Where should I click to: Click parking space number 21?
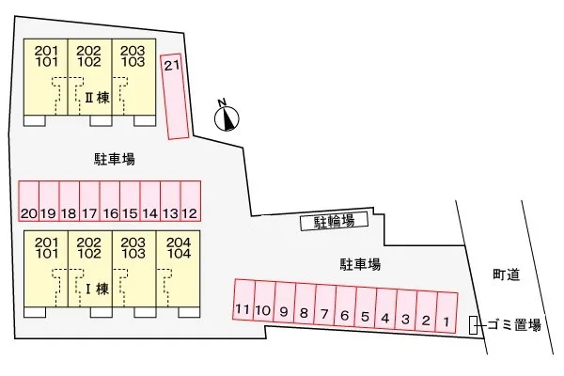coord(174,94)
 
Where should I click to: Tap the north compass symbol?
coord(227,117)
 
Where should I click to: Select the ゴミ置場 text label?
coord(515,325)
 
